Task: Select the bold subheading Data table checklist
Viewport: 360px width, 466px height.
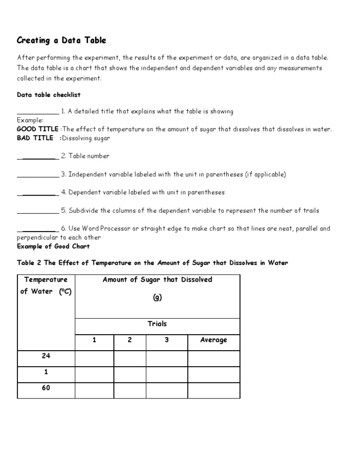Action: click(49, 95)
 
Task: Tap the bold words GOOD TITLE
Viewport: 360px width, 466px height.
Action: click(37, 129)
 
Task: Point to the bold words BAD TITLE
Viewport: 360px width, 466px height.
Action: click(35, 138)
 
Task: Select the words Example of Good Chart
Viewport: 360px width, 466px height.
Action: click(53, 246)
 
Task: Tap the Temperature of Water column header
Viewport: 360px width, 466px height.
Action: click(46, 286)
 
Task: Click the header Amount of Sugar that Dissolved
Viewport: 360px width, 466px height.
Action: click(157, 279)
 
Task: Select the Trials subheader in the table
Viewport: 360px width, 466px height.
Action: click(157, 324)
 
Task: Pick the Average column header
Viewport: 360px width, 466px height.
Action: click(213, 340)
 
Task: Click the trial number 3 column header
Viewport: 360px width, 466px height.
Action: click(166, 340)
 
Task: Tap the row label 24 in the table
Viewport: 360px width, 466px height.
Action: click(46, 356)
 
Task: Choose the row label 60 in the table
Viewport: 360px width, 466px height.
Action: click(46, 389)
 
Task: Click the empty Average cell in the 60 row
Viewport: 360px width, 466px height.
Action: click(213, 390)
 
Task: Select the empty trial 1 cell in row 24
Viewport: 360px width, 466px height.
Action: click(94, 358)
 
